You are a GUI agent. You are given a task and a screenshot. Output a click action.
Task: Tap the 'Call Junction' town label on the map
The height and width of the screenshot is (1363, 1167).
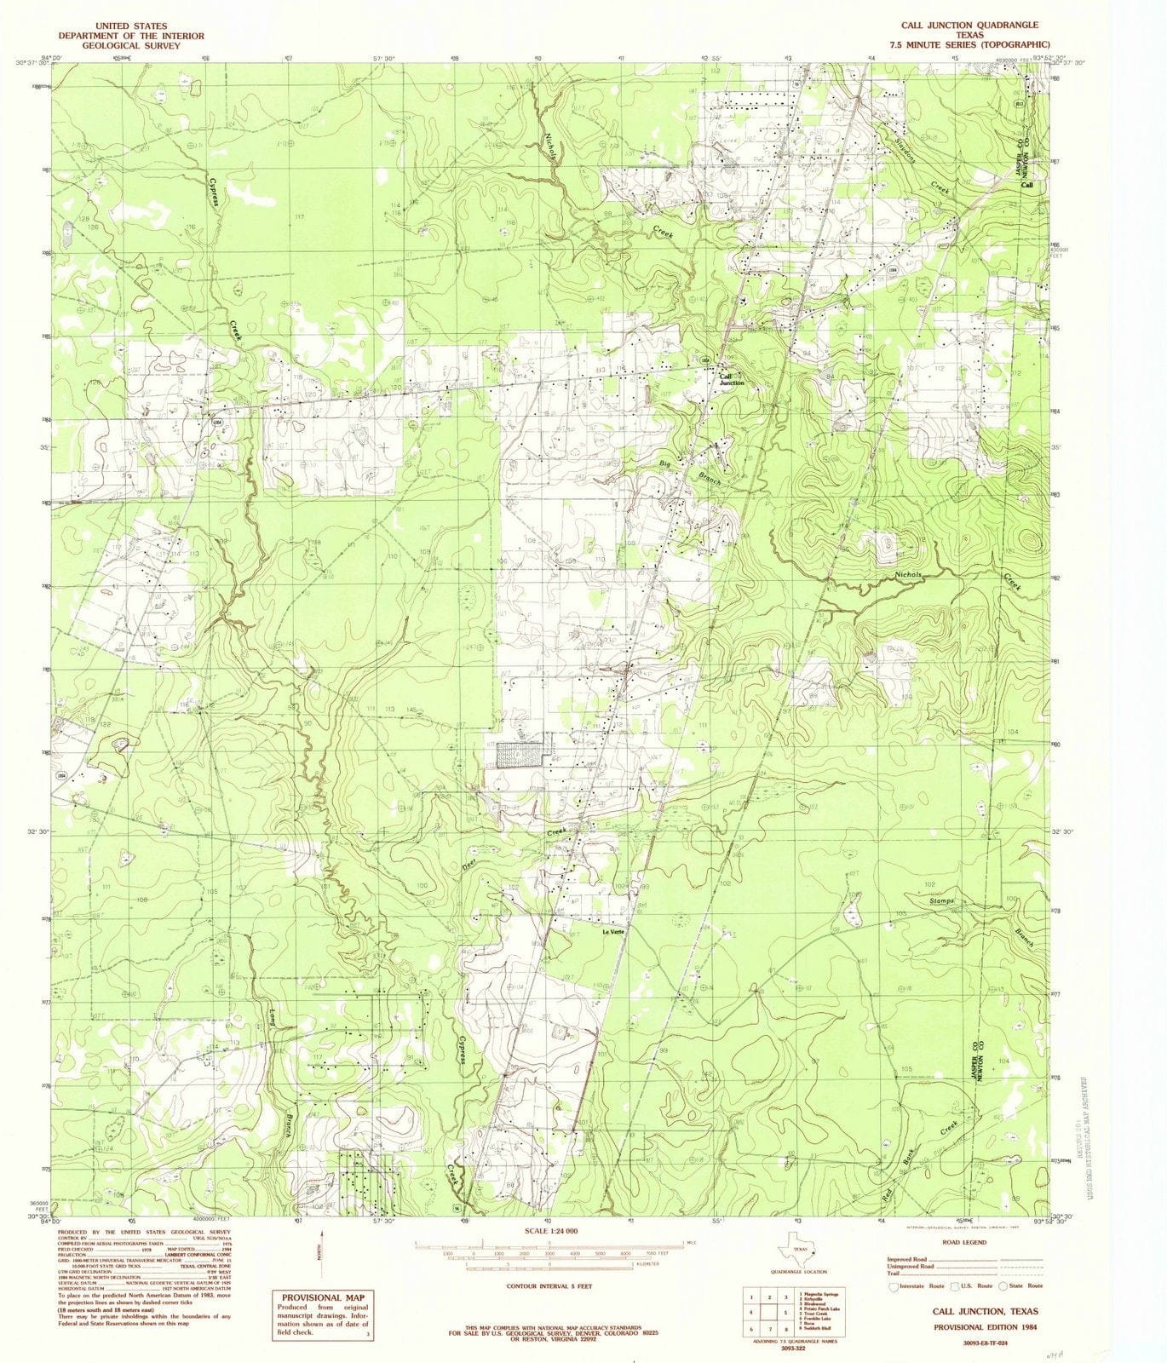[732, 380]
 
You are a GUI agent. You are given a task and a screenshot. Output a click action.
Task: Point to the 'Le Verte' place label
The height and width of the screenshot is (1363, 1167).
[614, 930]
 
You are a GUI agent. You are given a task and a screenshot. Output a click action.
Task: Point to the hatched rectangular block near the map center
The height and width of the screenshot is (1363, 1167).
[520, 755]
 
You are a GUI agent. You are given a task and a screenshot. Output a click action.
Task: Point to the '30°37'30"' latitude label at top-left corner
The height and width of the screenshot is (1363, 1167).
[32, 61]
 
